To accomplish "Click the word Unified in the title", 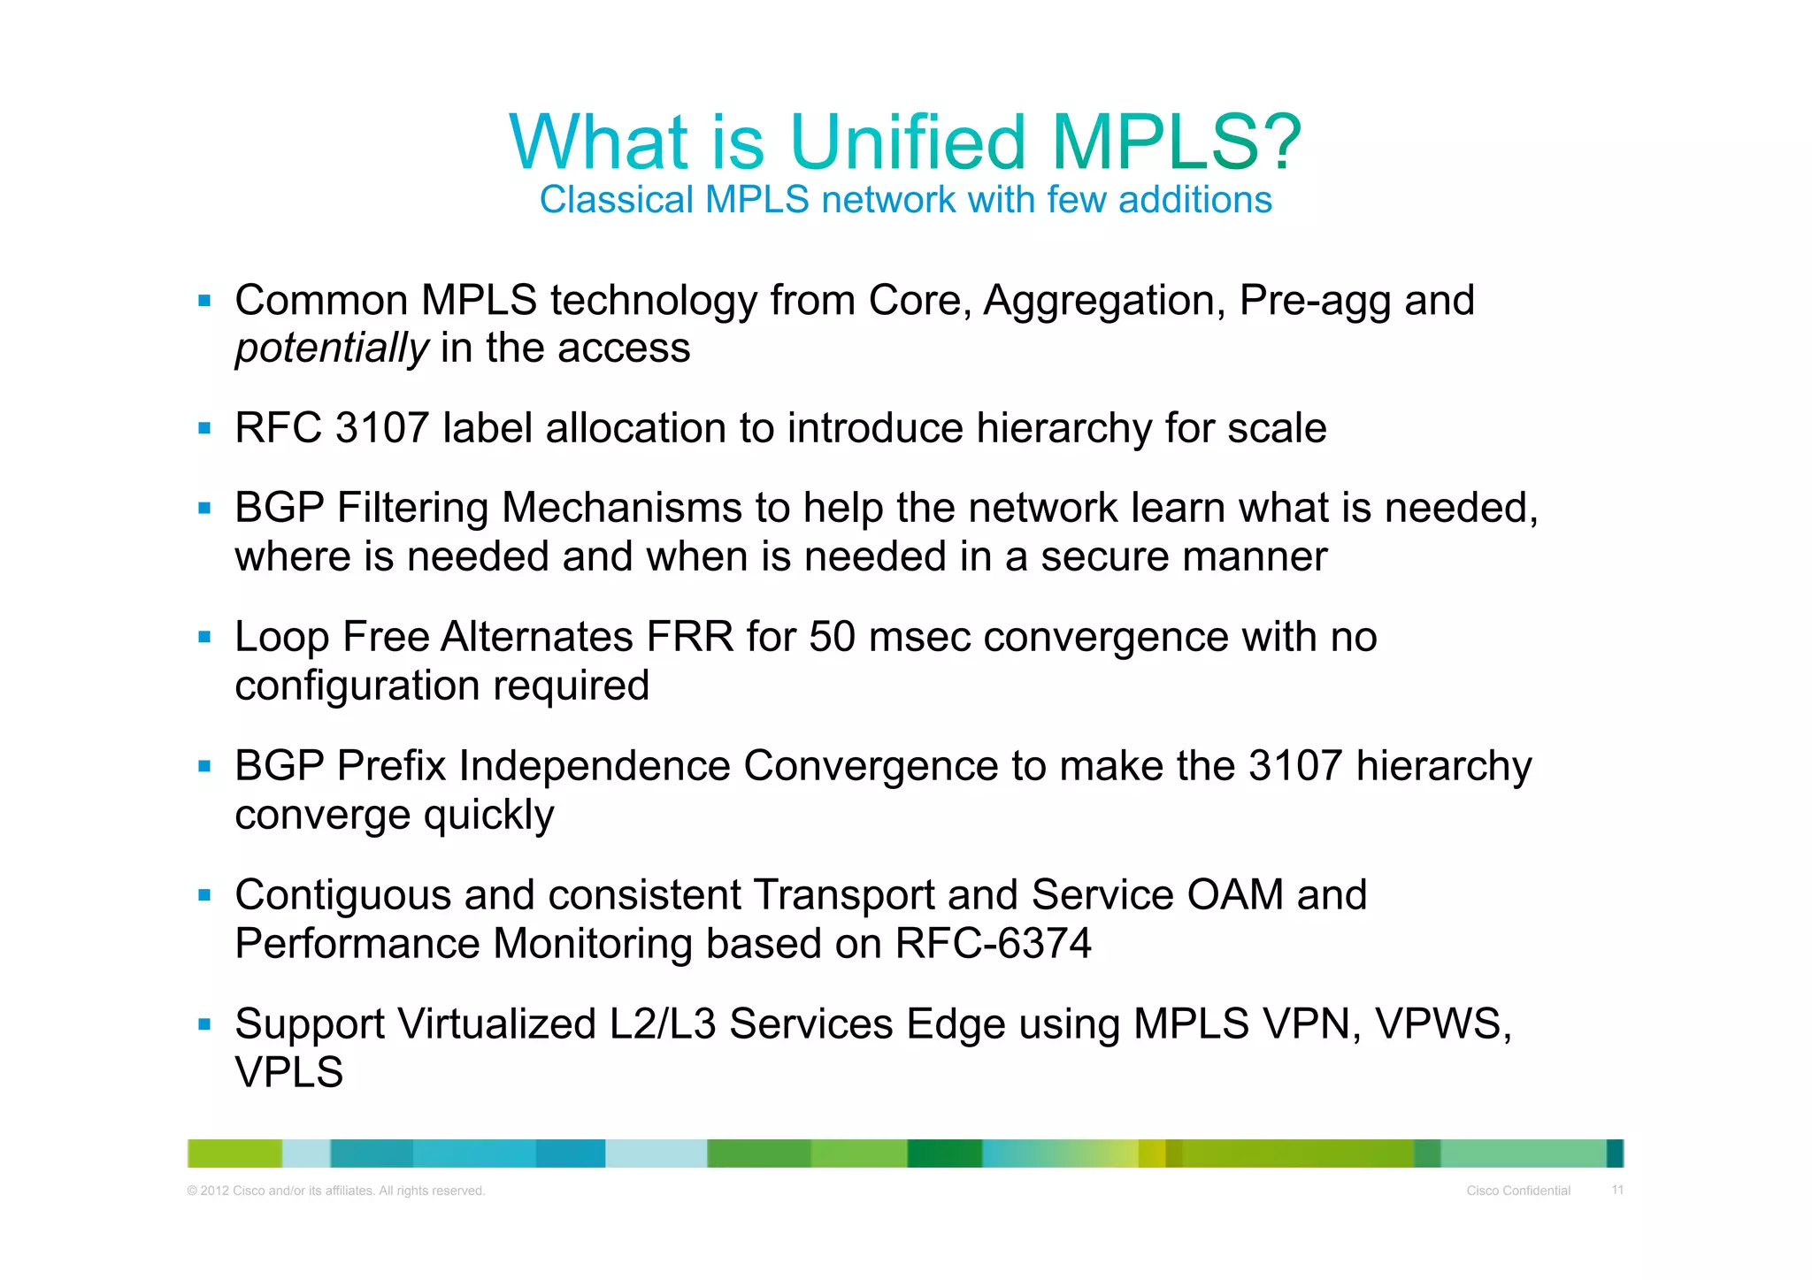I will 908,142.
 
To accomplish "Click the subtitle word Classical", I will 616,200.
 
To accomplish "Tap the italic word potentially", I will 332,349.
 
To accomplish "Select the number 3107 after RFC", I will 382,429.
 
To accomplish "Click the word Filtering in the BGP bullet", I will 412,509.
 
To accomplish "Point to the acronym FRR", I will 690,638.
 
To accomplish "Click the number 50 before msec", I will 832,638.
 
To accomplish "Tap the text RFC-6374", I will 993,944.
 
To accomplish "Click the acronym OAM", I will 1235,895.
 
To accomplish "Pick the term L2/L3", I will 663,1024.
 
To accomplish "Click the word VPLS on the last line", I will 288,1073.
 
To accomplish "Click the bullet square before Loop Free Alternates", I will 204,637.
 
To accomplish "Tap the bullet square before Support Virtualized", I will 204,1024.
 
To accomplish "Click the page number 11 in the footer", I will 1616,1190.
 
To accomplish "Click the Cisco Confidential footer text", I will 1518,1191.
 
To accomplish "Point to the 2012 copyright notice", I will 336,1191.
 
